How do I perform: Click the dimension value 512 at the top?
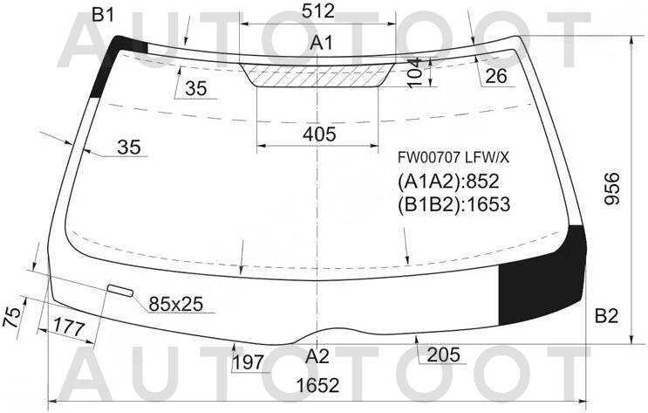tap(317, 11)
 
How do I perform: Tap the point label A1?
tap(322, 43)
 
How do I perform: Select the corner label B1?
tap(102, 16)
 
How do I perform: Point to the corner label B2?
tap(606, 316)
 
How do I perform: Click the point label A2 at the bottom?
tap(317, 356)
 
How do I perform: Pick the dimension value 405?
tap(319, 134)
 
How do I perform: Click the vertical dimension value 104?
tap(415, 72)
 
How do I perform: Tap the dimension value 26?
tap(495, 76)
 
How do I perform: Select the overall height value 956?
tap(612, 189)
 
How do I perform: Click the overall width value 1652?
tap(317, 385)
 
